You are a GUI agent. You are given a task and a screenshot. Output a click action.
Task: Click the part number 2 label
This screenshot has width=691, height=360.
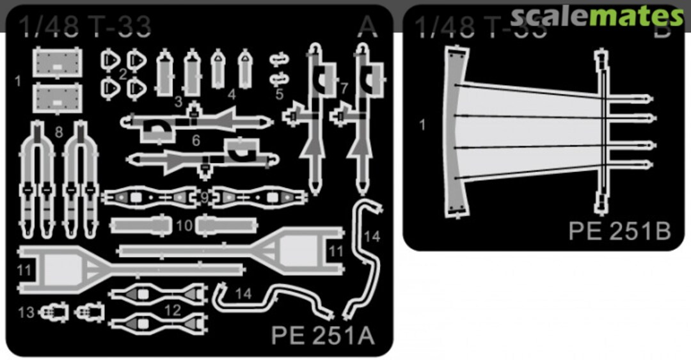pos(122,74)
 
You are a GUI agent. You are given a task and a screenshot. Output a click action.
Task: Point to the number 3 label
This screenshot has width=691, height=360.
pos(179,102)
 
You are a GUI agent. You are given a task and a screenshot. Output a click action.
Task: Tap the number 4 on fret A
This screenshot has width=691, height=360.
pos(232,95)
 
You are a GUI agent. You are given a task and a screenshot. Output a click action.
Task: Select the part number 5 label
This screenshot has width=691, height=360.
pos(280,94)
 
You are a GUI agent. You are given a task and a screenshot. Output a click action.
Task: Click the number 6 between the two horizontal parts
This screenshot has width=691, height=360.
pos(196,140)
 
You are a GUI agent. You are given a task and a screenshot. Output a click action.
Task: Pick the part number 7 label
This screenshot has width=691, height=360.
pos(344,88)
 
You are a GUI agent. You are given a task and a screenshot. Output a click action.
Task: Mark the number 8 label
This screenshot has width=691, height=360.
pos(59,133)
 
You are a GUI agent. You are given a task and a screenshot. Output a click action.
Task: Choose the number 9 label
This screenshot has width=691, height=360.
pos(205,197)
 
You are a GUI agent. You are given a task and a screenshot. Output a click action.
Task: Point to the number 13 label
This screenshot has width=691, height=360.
pos(26,312)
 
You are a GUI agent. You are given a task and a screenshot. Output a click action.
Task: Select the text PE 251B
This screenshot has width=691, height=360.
pos(619,230)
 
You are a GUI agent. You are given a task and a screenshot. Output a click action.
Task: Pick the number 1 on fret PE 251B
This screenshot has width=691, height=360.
pos(422,125)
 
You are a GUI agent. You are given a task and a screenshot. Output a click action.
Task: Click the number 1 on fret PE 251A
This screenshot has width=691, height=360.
pos(18,81)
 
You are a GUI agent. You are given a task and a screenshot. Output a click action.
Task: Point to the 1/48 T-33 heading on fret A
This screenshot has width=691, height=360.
pos(84,26)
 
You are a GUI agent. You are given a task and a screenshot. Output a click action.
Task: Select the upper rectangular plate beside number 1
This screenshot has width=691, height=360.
pos(58,64)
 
